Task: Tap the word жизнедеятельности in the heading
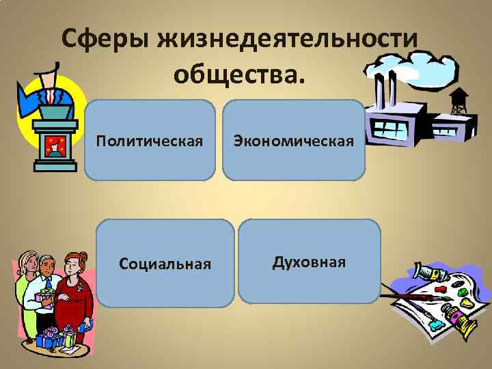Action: pyautogui.click(x=288, y=39)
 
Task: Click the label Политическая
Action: pyautogui.click(x=150, y=141)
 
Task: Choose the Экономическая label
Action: pyautogui.click(x=294, y=141)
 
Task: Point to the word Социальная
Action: pyautogui.click(x=165, y=263)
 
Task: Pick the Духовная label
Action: pyautogui.click(x=309, y=262)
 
